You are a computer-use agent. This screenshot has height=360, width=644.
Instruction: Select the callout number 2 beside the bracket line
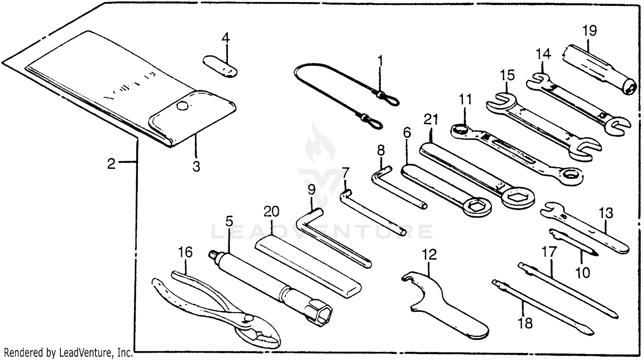point(112,164)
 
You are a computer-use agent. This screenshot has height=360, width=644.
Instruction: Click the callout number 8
point(381,151)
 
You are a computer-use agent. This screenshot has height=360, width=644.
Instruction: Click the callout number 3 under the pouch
point(196,166)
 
